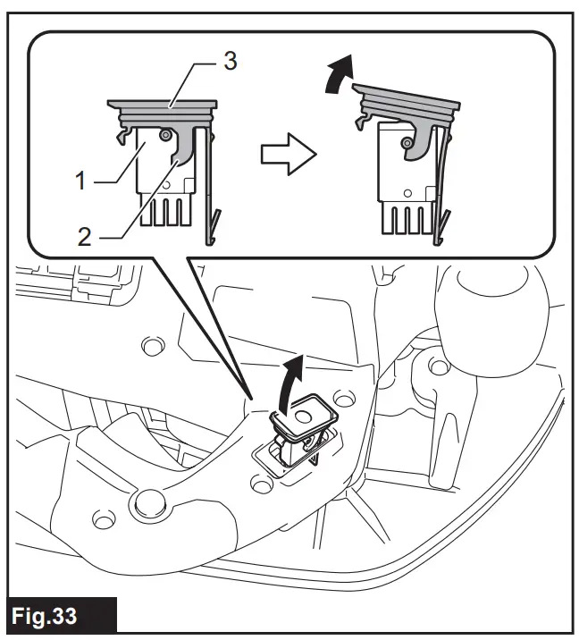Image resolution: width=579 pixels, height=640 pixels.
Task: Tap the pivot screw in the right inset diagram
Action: [407, 143]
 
